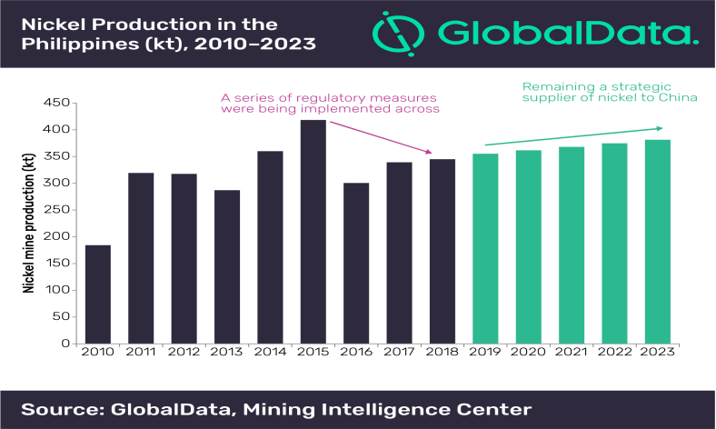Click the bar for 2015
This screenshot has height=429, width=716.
(x=313, y=232)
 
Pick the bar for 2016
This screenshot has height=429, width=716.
(x=357, y=263)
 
